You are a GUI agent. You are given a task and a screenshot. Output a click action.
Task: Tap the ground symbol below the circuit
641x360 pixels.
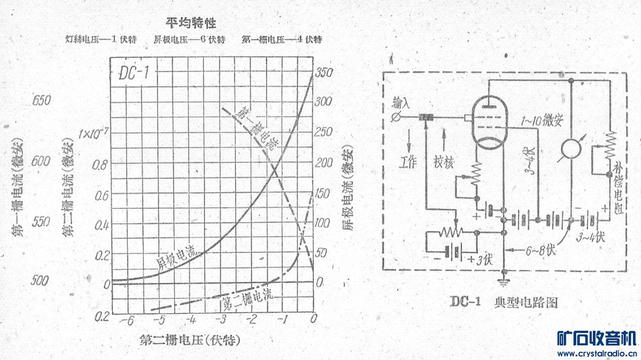click(x=504, y=284)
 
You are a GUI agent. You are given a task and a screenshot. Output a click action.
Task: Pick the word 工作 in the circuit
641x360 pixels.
click(x=408, y=163)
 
